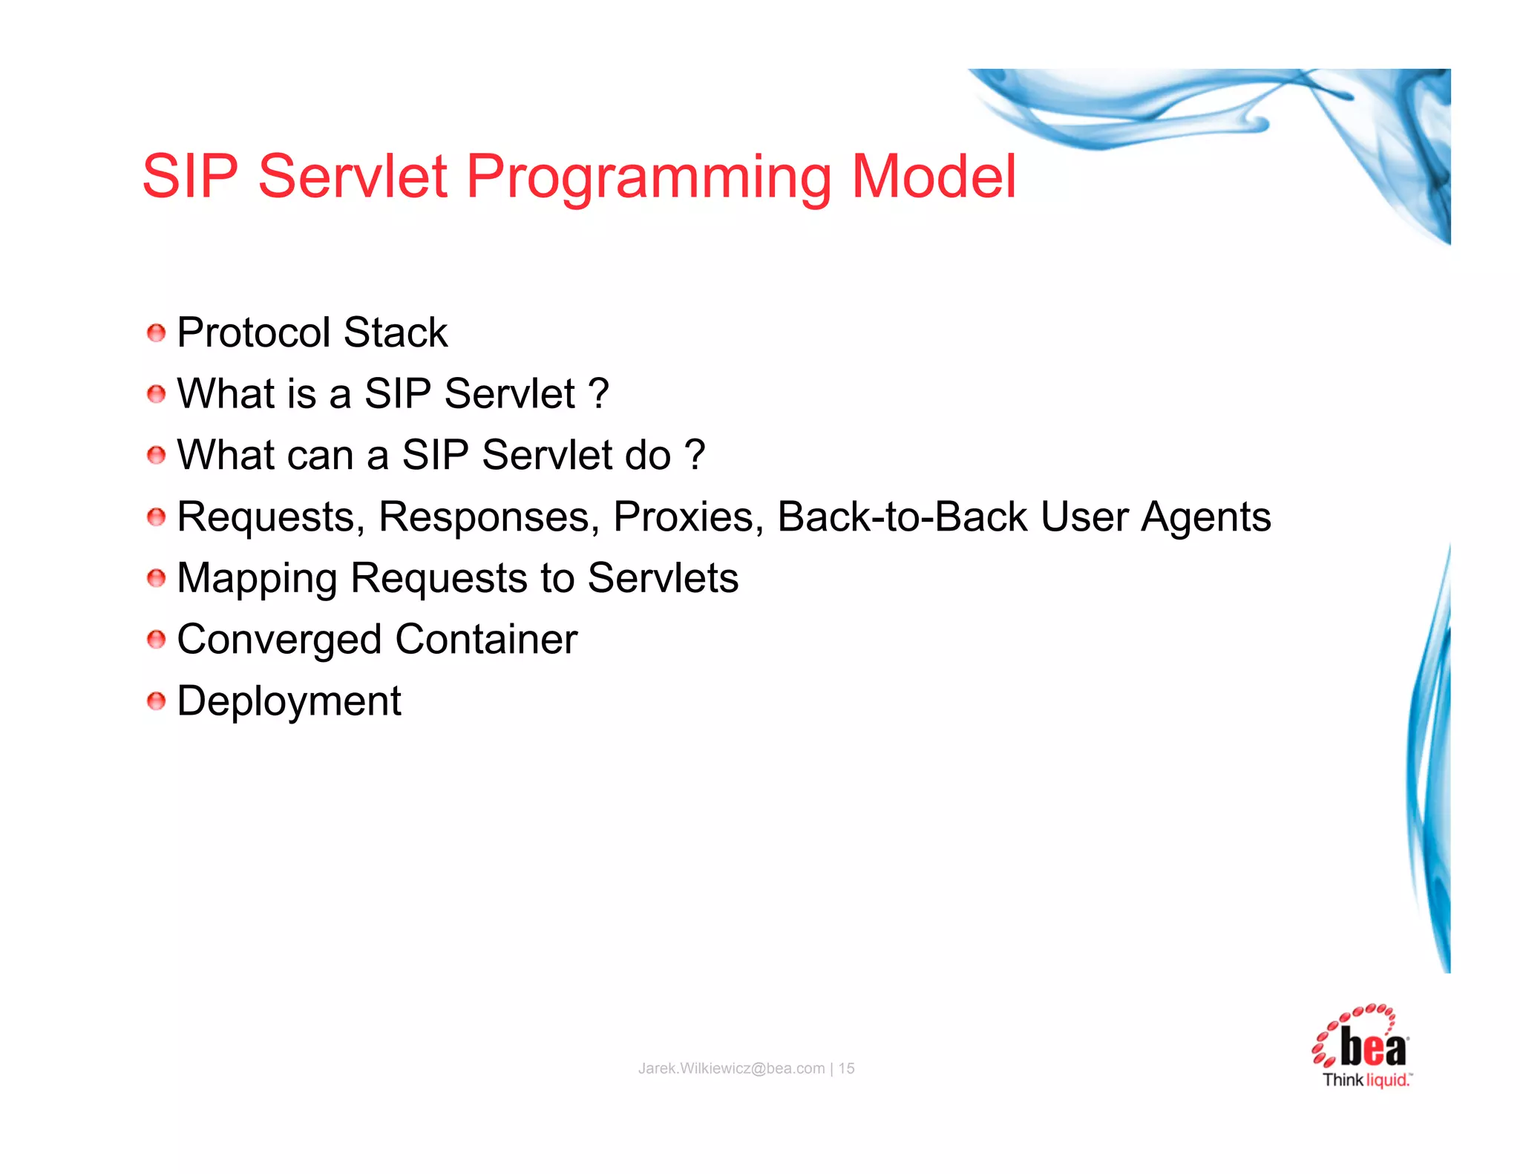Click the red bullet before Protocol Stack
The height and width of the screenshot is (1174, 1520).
(156, 333)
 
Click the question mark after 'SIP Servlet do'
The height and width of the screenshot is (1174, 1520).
(695, 455)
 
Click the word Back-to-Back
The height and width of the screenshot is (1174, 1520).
(902, 517)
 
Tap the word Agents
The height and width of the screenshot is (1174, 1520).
(1205, 518)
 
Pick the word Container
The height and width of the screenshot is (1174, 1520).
(486, 640)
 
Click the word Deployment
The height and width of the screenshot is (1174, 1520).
(289, 702)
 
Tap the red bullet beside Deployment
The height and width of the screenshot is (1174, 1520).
(156, 701)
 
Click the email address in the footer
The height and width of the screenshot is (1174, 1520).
(731, 1069)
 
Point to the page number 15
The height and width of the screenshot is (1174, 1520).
(847, 1069)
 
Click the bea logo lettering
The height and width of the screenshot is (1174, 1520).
(1372, 1049)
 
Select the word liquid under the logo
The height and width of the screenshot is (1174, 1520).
(1387, 1080)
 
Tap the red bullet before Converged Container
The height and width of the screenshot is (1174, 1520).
(156, 640)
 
